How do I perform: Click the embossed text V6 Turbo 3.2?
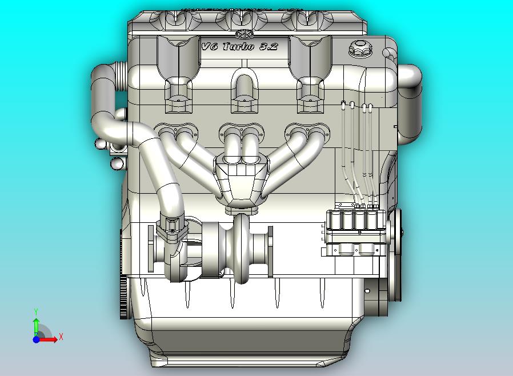[239, 46]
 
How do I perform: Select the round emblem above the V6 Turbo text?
[242, 34]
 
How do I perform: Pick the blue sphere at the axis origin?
[36, 339]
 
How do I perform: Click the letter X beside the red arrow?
[61, 337]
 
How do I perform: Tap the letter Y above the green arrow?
[36, 311]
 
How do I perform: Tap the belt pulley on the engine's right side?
[395, 231]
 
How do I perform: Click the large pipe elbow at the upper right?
[409, 80]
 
